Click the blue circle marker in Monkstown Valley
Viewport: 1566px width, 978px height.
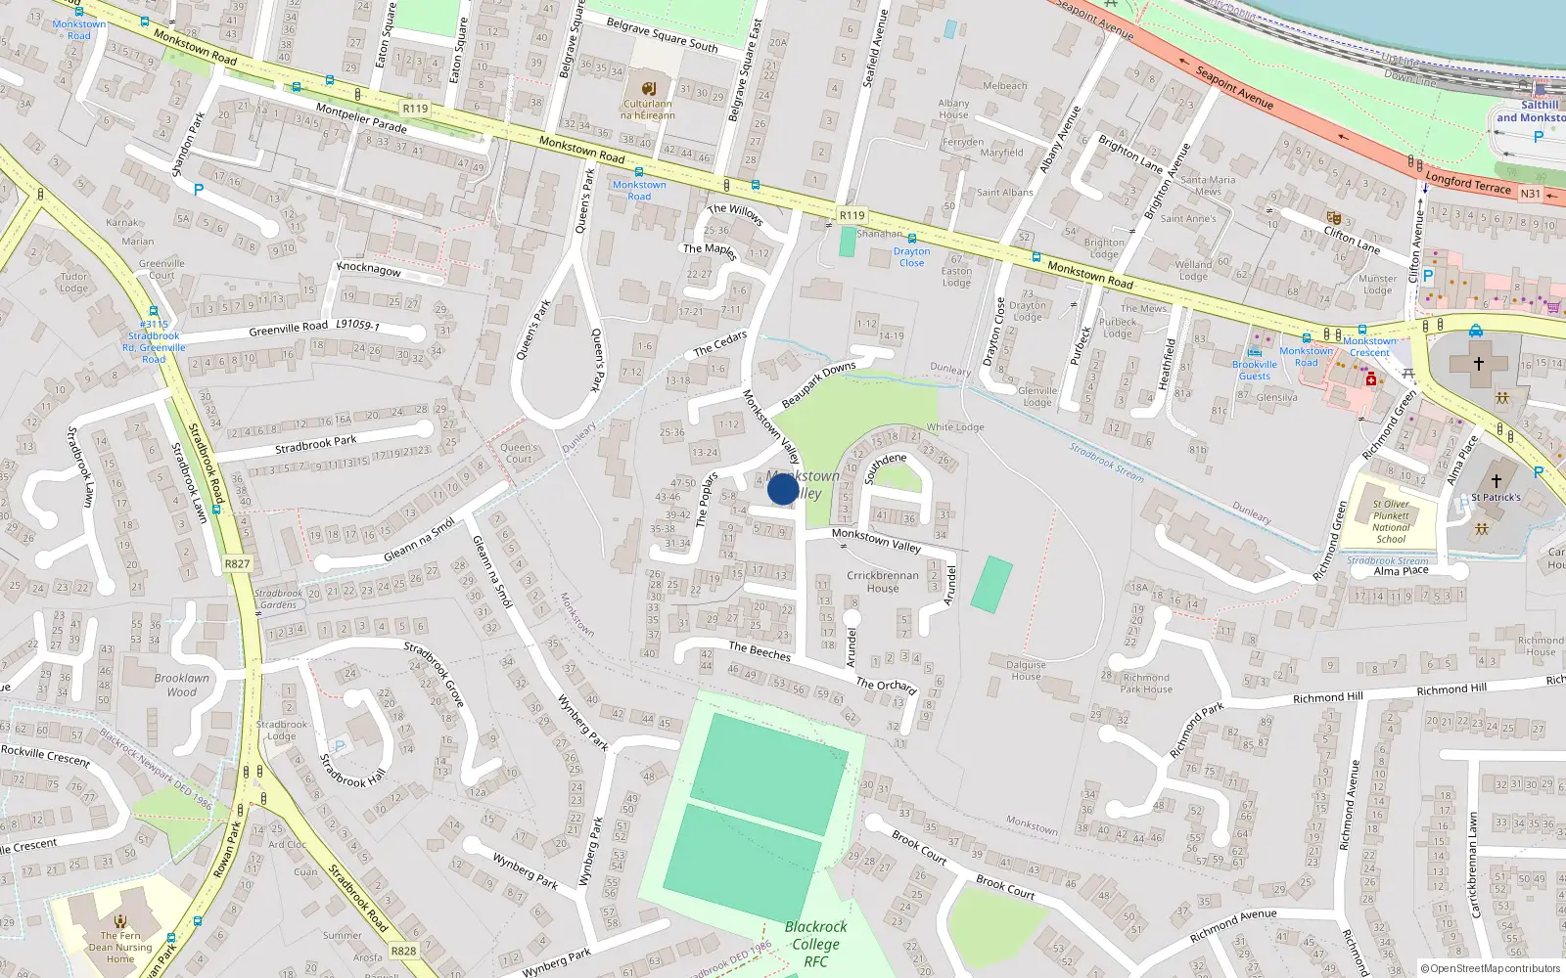coord(783,489)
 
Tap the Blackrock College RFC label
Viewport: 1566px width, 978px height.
coord(815,944)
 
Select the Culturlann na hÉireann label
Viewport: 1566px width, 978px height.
coord(648,109)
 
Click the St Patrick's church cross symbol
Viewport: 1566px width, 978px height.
coord(1496,480)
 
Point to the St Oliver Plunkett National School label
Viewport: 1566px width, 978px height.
coord(1390,521)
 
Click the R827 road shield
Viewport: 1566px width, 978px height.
coord(237,563)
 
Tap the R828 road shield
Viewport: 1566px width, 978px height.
coord(403,951)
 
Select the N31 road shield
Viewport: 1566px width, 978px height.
coord(1530,194)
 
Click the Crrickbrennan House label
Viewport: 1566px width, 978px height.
coord(882,582)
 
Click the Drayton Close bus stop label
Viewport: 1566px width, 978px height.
coord(911,257)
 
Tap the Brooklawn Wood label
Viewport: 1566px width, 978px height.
coord(181,685)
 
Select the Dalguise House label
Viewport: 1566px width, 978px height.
coord(1026,670)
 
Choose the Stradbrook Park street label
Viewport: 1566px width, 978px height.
coord(315,444)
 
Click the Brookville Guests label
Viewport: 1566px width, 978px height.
coord(1255,370)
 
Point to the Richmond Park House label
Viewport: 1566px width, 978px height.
coord(1146,683)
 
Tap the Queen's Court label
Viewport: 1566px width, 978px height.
coord(519,453)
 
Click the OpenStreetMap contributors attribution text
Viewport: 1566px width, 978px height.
coord(1490,968)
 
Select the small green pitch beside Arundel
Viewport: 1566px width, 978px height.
coord(991,584)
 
